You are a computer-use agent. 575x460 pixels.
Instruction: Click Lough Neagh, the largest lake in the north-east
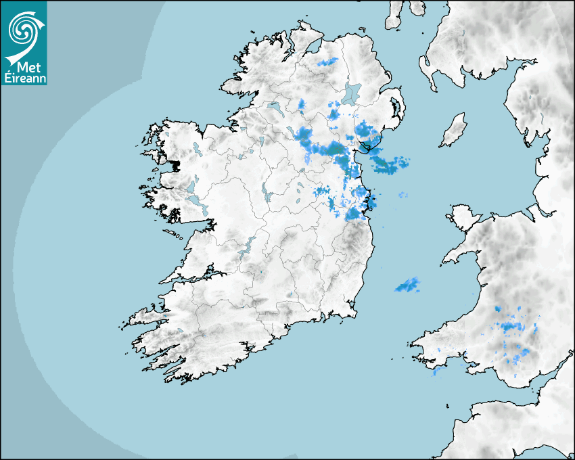[352, 92]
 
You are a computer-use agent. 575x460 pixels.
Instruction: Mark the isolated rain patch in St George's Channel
[408, 285]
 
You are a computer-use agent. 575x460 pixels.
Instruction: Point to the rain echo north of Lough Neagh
[328, 62]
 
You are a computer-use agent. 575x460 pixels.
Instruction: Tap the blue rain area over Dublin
[356, 212]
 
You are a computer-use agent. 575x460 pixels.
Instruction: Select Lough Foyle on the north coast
[313, 47]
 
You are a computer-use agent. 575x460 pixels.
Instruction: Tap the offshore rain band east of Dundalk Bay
[389, 162]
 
